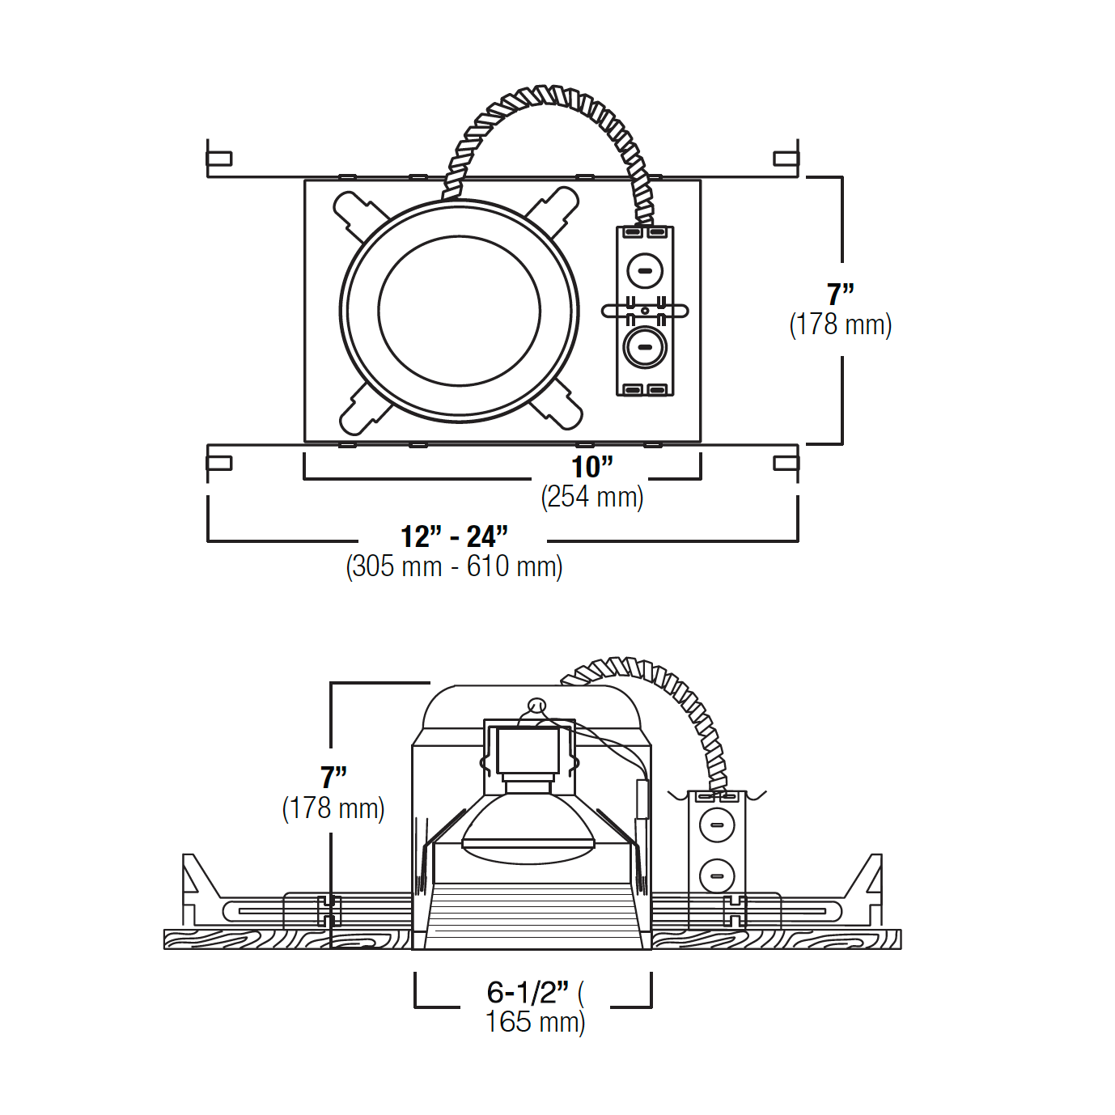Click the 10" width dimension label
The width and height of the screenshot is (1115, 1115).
(591, 467)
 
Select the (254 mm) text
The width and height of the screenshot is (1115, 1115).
(591, 497)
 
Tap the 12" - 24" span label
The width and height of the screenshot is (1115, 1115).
(454, 536)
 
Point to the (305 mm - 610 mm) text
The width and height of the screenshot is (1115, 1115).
(454, 566)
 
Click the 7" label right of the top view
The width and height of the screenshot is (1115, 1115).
(840, 294)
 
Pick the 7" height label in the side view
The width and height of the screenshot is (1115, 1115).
(333, 778)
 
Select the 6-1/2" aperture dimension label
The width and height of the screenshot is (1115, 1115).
(528, 992)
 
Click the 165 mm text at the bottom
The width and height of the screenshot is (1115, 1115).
(534, 1022)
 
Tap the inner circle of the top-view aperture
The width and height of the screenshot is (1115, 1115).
(459, 312)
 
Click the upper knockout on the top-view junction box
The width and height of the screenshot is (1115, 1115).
(645, 270)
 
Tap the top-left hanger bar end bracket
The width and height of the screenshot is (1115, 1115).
(218, 159)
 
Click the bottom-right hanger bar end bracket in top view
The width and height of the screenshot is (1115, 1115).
(786, 464)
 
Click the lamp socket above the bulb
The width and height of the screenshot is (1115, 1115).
(528, 753)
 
